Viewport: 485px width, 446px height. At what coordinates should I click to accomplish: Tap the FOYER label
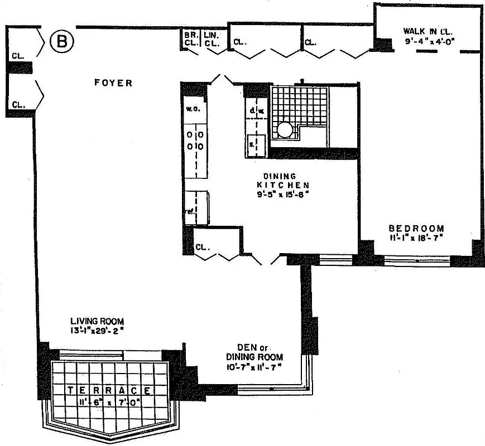tap(113, 83)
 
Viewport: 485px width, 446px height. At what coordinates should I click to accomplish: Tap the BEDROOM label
tap(416, 228)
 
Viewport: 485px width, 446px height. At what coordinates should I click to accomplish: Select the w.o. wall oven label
tap(189, 109)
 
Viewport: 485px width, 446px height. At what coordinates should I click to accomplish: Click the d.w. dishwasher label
tap(256, 111)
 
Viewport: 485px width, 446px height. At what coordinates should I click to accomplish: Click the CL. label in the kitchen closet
tap(202, 247)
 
